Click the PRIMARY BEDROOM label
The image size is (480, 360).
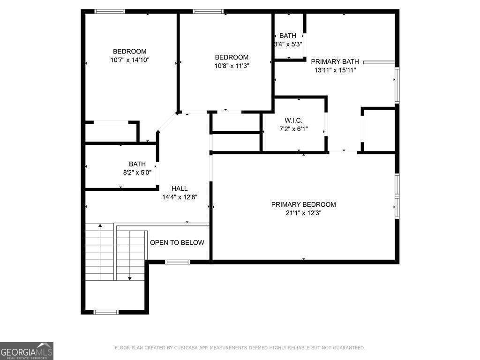click(x=303, y=204)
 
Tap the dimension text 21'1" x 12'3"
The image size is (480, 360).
click(x=303, y=213)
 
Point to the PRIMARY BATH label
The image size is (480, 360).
click(x=335, y=61)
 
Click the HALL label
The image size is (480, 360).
click(x=180, y=188)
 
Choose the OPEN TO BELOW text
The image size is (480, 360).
click(x=177, y=242)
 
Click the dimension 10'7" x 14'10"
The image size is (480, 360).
click(x=130, y=60)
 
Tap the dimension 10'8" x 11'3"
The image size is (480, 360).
click(x=232, y=66)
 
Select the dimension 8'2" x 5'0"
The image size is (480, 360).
click(x=137, y=172)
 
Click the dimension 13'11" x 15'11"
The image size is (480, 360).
click(x=335, y=70)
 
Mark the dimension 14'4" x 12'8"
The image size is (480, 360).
click(x=180, y=197)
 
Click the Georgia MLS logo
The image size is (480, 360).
click(x=27, y=351)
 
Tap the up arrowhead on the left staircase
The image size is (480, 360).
click(x=100, y=226)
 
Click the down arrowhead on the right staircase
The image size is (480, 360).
click(x=130, y=278)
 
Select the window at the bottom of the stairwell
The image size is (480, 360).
click(x=106, y=312)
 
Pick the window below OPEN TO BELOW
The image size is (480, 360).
click(x=178, y=262)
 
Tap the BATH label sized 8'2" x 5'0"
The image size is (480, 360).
click(x=137, y=164)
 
